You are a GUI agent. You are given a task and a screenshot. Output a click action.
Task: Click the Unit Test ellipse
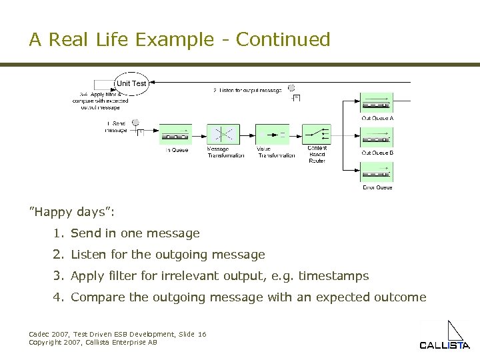[x=131, y=83]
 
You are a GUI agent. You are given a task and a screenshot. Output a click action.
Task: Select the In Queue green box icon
[x=175, y=135]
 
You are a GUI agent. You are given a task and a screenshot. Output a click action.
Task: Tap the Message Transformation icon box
[x=223, y=135]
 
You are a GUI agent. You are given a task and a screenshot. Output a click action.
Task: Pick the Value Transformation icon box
[x=273, y=135]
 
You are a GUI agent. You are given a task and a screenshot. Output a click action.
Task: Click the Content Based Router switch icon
[x=316, y=135]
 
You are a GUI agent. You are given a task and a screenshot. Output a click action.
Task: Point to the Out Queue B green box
[x=377, y=139]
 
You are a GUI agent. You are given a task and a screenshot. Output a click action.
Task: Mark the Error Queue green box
[x=377, y=173]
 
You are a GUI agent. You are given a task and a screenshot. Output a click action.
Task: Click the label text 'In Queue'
[x=177, y=150]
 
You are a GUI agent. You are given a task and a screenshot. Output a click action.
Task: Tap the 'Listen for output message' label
[x=247, y=90]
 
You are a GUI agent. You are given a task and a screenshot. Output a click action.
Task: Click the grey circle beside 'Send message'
[x=135, y=123]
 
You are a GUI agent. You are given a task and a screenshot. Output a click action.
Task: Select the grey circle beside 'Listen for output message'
[x=291, y=88]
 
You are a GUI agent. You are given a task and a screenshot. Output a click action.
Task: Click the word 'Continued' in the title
[x=283, y=40]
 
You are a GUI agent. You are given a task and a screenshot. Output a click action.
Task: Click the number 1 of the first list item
[x=58, y=233]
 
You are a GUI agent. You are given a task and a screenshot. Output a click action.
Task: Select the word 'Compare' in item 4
[x=94, y=297]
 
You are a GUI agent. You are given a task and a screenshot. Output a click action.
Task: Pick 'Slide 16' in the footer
[x=193, y=334]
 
